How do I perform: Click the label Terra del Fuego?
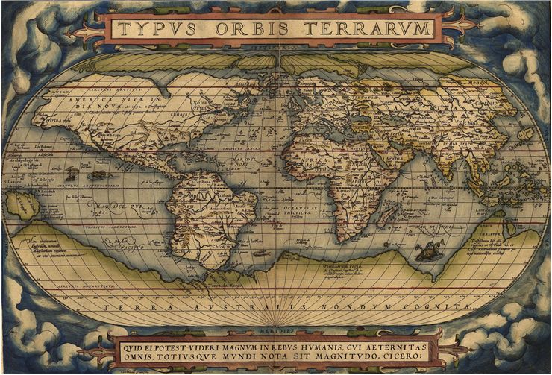coord(225,286)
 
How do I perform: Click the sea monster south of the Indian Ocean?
coord(427,253)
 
